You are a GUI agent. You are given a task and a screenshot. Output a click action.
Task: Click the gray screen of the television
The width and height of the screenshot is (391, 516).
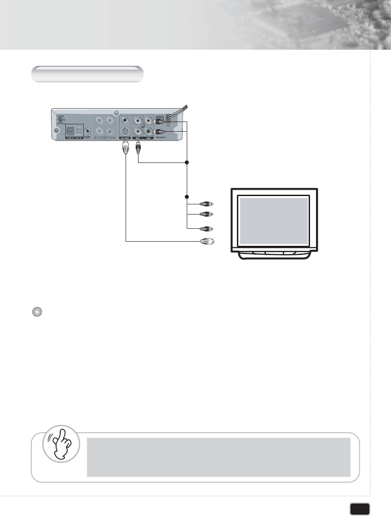[274, 220]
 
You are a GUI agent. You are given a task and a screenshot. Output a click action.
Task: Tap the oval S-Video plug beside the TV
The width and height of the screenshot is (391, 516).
[206, 241]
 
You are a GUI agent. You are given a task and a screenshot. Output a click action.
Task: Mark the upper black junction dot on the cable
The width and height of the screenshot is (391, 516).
[187, 162]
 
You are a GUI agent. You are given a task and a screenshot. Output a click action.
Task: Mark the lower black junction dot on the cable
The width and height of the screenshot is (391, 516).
[187, 197]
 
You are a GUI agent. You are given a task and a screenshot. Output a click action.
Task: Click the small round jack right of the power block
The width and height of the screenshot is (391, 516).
[87, 131]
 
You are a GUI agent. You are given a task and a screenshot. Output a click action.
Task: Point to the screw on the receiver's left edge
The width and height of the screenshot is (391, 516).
[57, 130]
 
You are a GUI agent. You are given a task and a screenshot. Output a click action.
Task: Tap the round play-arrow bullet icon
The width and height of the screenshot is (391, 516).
[38, 312]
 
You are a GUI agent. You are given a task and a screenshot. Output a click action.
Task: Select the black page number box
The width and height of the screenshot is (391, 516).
[360, 509]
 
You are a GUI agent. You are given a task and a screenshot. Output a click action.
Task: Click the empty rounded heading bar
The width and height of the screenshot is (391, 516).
[87, 74]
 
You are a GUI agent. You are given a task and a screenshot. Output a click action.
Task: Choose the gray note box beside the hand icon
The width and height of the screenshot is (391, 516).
[218, 457]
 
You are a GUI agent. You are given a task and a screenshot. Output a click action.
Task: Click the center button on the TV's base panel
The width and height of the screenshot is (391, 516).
[274, 253]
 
